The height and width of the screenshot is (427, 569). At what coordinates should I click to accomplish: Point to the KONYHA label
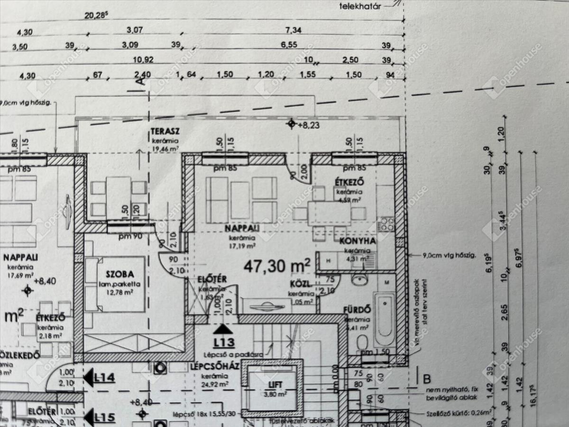click(358, 241)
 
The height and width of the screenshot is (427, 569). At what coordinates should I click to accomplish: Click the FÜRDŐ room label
click(357, 310)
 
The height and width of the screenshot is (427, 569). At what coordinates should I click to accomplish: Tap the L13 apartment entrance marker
click(224, 342)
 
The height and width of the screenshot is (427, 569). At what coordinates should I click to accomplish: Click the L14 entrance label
click(105, 378)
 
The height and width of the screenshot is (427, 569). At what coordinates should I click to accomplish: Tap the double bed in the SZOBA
click(115, 284)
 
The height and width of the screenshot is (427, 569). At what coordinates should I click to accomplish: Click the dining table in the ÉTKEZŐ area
click(329, 213)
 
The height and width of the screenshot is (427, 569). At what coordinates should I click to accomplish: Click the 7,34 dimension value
click(294, 30)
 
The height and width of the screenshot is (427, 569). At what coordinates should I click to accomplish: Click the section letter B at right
click(426, 379)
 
